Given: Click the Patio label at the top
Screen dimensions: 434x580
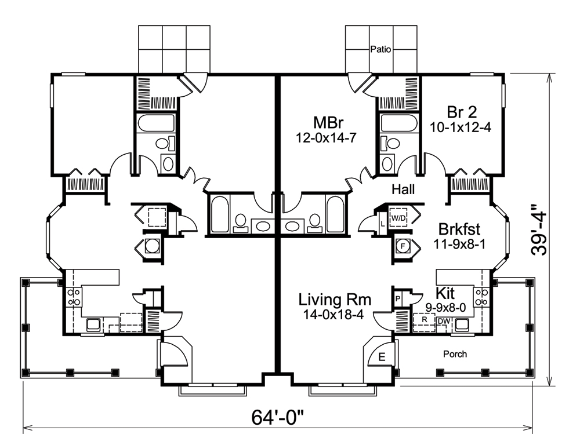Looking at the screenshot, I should (x=380, y=50).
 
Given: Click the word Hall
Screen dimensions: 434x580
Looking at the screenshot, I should (x=403, y=189).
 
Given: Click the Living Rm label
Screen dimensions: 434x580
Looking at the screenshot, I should (x=335, y=300).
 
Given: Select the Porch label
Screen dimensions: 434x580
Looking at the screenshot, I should (x=455, y=354).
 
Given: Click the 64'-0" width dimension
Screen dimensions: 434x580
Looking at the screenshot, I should (x=278, y=417).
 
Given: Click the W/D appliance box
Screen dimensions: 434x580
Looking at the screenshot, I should (x=398, y=217).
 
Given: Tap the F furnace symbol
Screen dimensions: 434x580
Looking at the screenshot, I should (x=401, y=246).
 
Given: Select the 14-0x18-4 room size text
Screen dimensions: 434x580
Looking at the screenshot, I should (x=335, y=315).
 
